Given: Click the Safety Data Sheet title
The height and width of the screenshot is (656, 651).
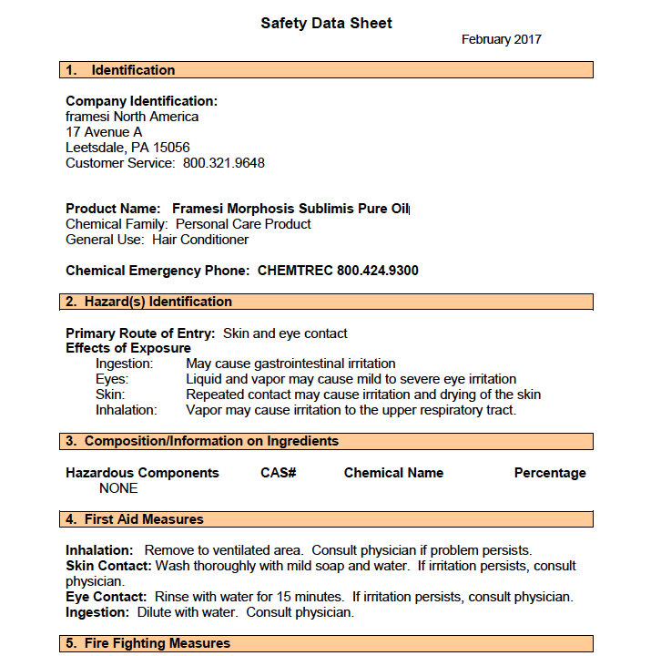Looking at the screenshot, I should pyautogui.click(x=326, y=23).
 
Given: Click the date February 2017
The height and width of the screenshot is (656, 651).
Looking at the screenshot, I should pyautogui.click(x=501, y=39).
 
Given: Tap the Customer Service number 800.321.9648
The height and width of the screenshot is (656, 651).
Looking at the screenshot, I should pyautogui.click(x=224, y=163).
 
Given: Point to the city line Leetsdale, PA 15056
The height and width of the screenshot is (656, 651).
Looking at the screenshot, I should pyautogui.click(x=127, y=148).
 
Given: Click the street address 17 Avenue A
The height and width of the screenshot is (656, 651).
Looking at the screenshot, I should pyautogui.click(x=104, y=132).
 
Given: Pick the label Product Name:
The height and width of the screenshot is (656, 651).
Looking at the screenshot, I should pyautogui.click(x=113, y=209).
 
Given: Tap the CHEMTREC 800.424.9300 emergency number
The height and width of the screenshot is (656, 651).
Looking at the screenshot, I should pyautogui.click(x=338, y=271).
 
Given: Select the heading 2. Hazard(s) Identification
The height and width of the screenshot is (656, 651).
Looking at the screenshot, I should pyautogui.click(x=148, y=302).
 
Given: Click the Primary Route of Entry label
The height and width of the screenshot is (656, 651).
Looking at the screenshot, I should pyautogui.click(x=140, y=333).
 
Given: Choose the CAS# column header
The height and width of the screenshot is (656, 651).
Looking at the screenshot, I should pyautogui.click(x=279, y=473).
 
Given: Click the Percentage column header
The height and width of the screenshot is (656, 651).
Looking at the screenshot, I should pyautogui.click(x=550, y=473).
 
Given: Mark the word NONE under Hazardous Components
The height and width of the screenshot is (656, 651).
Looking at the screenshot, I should pyautogui.click(x=118, y=488).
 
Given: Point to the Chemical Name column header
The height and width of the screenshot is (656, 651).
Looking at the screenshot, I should pyautogui.click(x=393, y=473).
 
